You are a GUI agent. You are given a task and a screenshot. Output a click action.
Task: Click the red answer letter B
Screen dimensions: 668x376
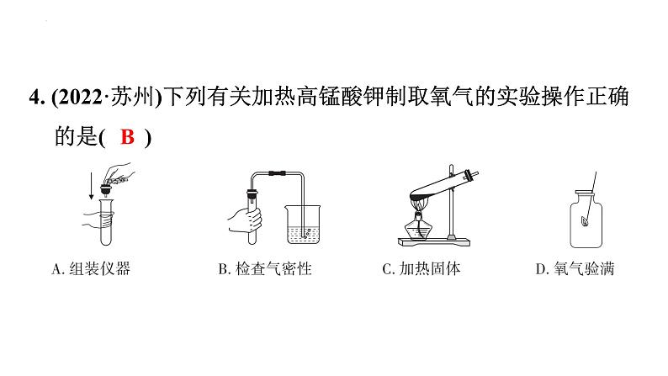(127, 137)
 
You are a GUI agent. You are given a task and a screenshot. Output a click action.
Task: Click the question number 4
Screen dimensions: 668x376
(35, 98)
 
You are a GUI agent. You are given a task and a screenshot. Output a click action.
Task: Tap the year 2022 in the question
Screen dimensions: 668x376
(80, 98)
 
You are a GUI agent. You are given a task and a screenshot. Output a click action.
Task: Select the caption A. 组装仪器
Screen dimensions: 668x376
(91, 268)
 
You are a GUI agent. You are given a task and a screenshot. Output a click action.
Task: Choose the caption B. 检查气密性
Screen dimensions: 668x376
(265, 268)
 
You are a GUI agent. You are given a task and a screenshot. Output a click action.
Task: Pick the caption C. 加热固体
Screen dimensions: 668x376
(421, 268)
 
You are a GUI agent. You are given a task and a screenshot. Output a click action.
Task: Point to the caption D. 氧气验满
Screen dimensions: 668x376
(575, 268)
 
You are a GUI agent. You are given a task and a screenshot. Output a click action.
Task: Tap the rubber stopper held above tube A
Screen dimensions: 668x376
(105, 188)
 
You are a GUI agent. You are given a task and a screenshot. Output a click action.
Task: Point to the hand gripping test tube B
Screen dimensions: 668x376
(245, 220)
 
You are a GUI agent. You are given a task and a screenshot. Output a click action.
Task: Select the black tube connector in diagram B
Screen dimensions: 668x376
(277, 173)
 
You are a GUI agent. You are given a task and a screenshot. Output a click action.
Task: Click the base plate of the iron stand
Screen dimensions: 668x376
(434, 242)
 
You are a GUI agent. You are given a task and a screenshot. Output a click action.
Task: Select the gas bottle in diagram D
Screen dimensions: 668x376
(586, 219)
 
